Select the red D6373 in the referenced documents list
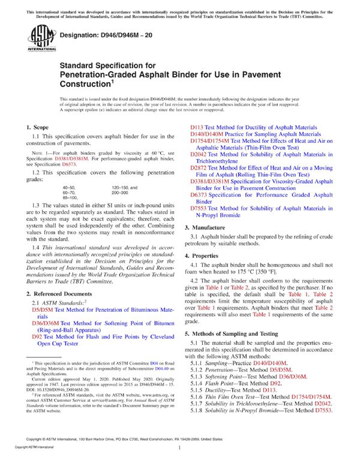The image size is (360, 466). [x=199, y=195]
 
